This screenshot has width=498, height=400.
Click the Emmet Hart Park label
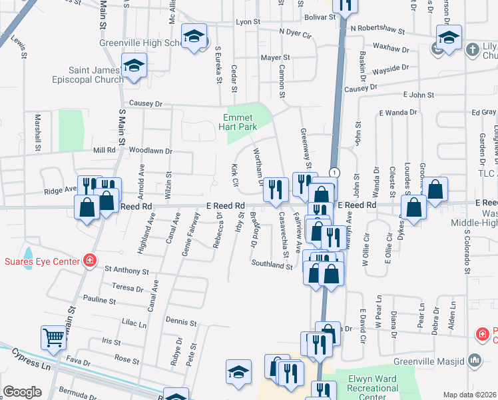[246, 121]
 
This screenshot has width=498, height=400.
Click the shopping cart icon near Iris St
[53, 337]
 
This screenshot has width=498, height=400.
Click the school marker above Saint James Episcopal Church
[134, 66]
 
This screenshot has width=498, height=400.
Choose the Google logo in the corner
[21, 391]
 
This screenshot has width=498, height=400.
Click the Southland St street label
[272, 265]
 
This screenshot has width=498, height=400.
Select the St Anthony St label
[126, 271]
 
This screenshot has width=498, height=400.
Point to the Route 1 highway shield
[334, 172]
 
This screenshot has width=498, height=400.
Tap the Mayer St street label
[276, 58]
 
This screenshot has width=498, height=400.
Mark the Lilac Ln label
[134, 324]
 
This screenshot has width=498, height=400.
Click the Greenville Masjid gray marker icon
[475, 361]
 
